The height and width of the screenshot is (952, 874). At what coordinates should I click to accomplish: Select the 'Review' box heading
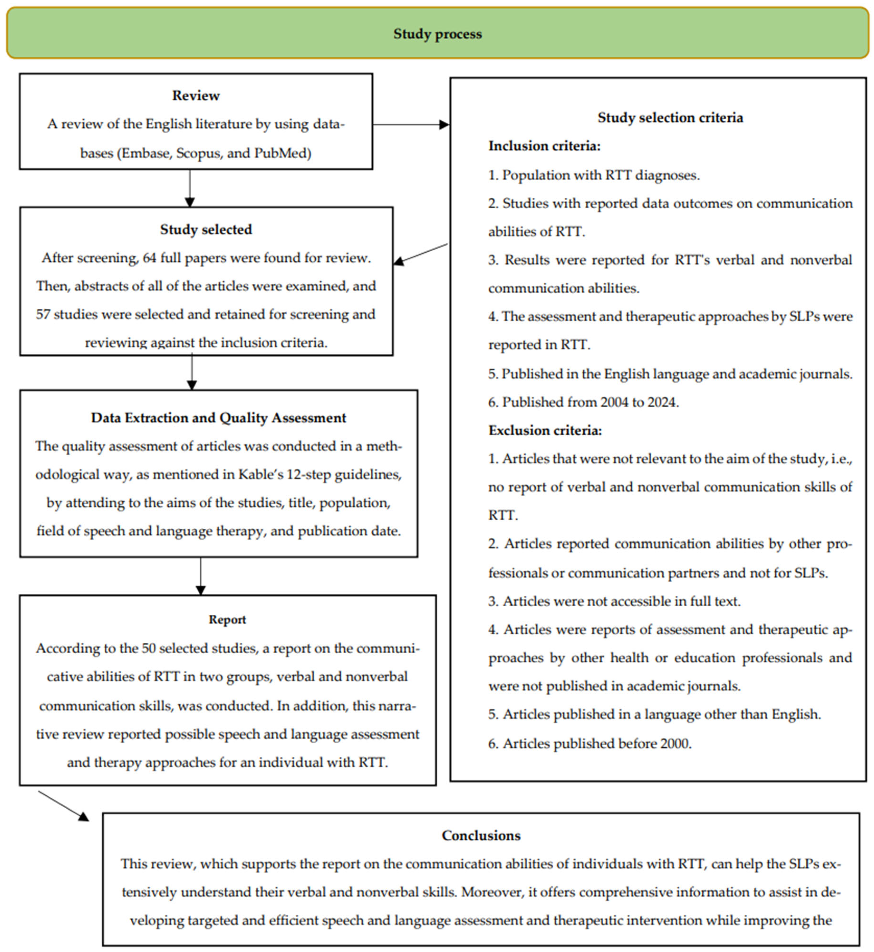pos(196,96)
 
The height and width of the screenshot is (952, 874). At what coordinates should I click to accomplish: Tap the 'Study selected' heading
pos(206,229)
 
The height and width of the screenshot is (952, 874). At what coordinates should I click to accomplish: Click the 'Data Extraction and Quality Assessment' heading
pos(219,418)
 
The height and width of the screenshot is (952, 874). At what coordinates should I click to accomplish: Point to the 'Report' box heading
pos(227,620)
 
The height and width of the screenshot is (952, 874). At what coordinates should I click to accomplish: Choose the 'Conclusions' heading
pos(481,835)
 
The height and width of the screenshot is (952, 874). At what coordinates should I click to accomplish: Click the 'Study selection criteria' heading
pos(670,117)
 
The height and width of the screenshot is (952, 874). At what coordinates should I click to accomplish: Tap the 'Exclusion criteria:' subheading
pos(545,430)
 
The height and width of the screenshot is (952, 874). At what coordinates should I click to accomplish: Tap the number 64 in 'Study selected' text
pos(149,258)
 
